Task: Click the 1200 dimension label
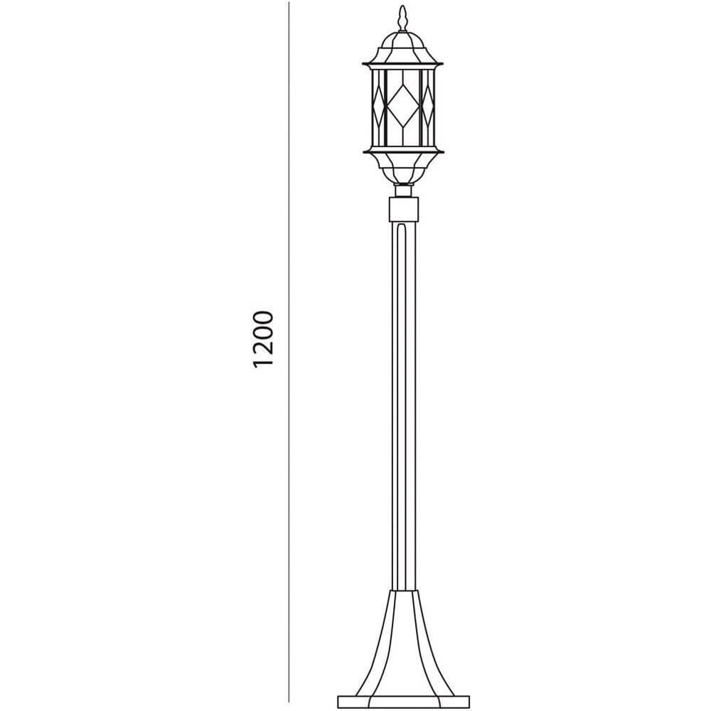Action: pos(264,338)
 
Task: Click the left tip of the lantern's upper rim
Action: pos(363,63)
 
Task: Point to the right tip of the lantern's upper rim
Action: pos(443,63)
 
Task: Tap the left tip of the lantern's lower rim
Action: pos(363,152)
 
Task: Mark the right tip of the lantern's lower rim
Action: pos(444,152)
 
